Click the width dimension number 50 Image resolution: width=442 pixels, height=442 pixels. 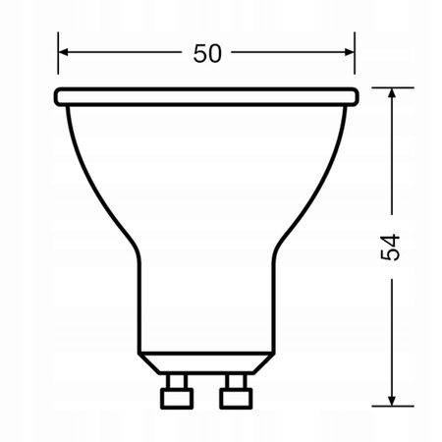click(206, 53)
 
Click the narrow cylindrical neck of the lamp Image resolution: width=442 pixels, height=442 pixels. click(206, 304)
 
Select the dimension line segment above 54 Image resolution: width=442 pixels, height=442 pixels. click(392, 157)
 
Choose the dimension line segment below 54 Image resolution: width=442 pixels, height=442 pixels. click(392, 334)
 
